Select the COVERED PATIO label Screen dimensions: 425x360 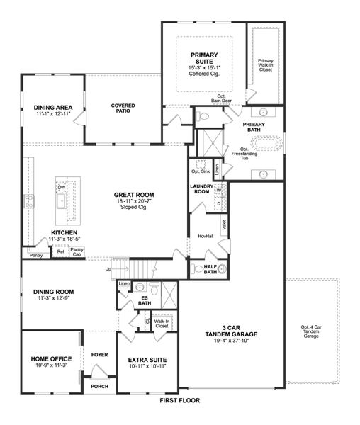point(123,108)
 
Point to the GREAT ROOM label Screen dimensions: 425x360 point(134,195)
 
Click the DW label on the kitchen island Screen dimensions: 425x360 point(62,187)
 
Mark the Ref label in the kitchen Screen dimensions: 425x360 point(60,252)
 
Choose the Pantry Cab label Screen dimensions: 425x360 point(77,251)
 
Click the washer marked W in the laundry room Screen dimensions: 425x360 point(218,191)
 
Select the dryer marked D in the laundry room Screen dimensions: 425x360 point(218,203)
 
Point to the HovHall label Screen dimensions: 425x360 point(205,235)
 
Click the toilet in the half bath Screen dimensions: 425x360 point(220,269)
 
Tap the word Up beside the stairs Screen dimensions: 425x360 point(108,269)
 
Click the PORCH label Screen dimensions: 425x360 point(99,387)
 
